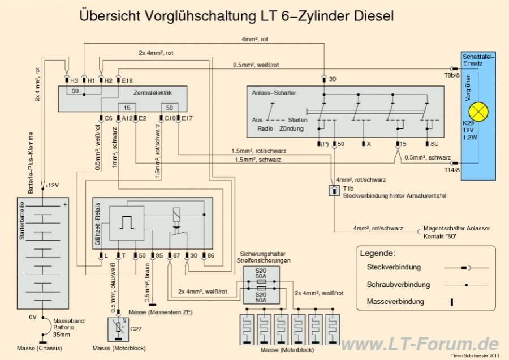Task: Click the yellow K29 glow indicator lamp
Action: pyautogui.click(x=479, y=112)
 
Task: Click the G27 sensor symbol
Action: pyautogui.click(x=118, y=327)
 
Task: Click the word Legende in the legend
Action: pyautogui.click(x=378, y=253)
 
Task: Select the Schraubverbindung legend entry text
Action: pyautogui.click(x=398, y=284)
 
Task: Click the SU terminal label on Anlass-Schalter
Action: pyautogui.click(x=434, y=144)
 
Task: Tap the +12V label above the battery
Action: pyautogui.click(x=51, y=185)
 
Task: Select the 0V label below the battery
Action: pyautogui.click(x=33, y=317)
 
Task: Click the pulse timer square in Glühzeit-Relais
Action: pyautogui.click(x=126, y=222)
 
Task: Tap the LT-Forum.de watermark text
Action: pyautogui.click(x=419, y=343)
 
